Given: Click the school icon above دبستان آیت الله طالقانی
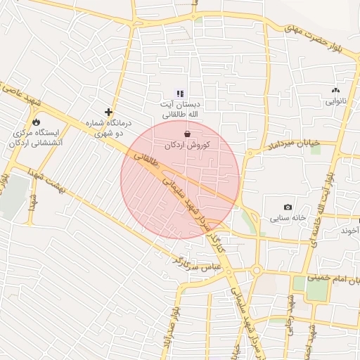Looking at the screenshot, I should (x=180, y=93).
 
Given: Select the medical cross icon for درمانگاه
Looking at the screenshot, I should (x=108, y=111).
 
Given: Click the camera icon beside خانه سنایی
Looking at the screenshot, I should (x=288, y=207).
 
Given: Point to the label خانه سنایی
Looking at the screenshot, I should (x=288, y=218).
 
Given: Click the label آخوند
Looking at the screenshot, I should (x=349, y=231).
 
